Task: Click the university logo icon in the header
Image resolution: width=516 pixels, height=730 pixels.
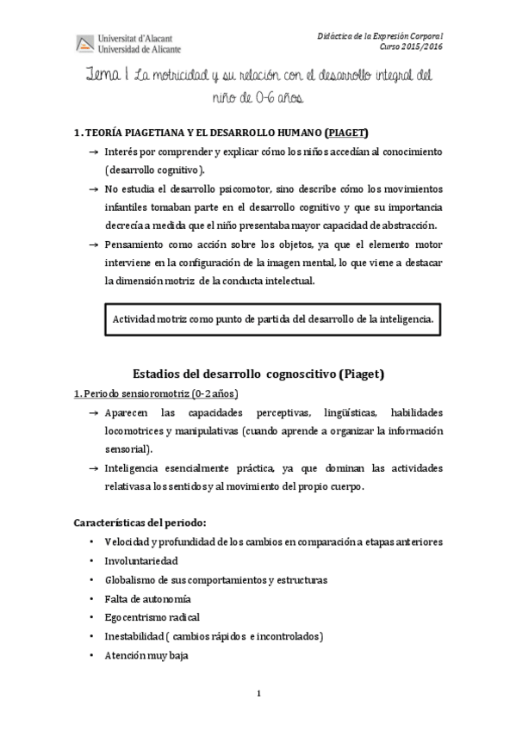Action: click(x=85, y=43)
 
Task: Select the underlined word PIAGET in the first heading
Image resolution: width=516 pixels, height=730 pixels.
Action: click(x=347, y=133)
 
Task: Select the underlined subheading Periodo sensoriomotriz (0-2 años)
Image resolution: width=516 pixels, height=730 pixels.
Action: click(x=155, y=393)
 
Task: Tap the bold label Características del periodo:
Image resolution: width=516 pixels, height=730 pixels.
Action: click(x=140, y=523)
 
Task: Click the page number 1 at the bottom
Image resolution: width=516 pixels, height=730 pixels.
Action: click(x=258, y=694)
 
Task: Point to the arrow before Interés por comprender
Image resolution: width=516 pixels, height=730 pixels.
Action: click(x=92, y=152)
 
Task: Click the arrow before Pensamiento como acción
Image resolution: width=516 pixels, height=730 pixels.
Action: click(x=92, y=244)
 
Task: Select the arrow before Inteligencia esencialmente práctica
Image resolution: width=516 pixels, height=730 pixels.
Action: click(x=92, y=468)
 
